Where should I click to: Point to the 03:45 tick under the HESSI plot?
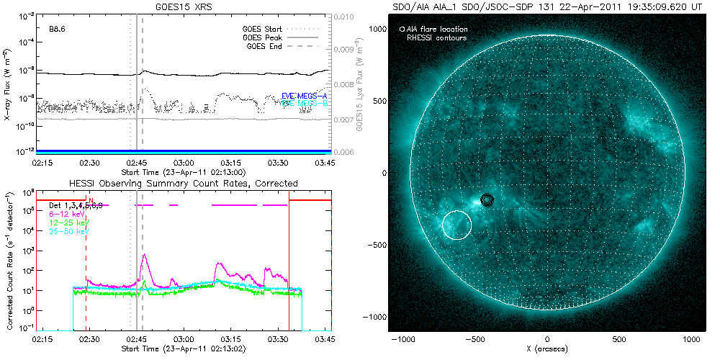click(x=324, y=338)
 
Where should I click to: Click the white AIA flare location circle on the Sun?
click(x=456, y=224)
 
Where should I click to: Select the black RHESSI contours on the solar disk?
click(x=487, y=200)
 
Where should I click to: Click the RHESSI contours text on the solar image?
click(x=436, y=37)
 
